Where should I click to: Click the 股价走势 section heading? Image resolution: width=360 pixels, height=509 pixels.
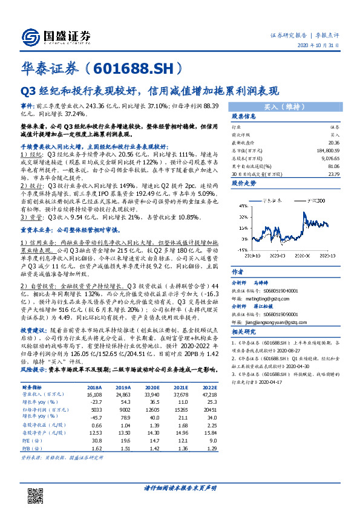[240, 181]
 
